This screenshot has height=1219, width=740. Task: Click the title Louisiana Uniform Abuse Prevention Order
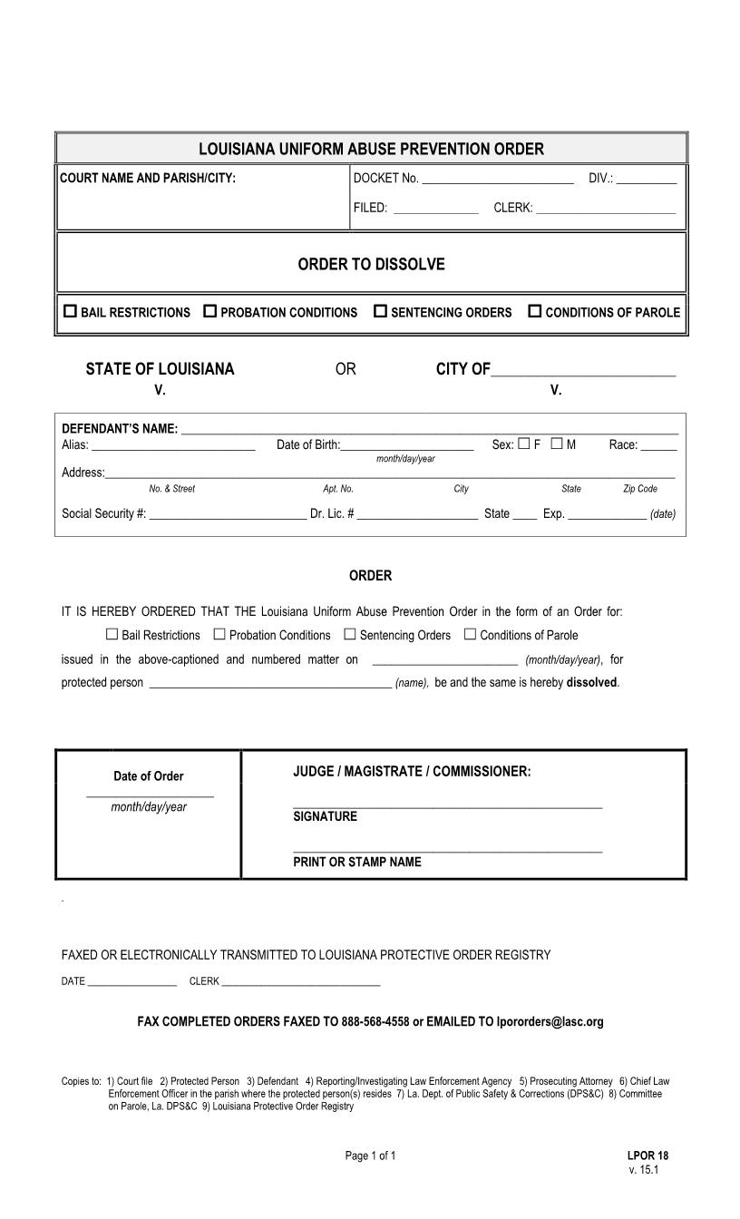(371, 149)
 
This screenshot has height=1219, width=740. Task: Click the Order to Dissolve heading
(371, 265)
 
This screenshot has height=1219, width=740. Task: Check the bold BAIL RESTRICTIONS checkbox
(70, 311)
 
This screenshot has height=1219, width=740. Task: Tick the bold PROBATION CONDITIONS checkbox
(209, 311)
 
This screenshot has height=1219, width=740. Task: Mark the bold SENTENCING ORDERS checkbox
(380, 311)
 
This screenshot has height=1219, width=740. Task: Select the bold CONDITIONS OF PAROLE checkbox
(534, 311)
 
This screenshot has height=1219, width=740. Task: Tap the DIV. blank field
(646, 179)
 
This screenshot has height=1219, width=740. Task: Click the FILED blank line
(435, 209)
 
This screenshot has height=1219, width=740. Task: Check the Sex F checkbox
(524, 444)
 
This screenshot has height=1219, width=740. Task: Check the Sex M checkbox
(557, 444)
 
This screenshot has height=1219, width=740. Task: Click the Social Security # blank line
(227, 514)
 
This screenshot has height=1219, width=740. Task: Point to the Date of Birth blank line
(407, 445)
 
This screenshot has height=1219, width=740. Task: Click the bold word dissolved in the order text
(591, 682)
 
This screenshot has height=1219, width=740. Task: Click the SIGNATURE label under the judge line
(325, 816)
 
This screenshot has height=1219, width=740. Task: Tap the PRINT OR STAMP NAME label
(356, 862)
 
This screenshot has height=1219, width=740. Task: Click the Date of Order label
(148, 776)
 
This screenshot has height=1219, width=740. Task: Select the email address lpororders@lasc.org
(550, 1021)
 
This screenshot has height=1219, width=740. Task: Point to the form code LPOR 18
(647, 1156)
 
